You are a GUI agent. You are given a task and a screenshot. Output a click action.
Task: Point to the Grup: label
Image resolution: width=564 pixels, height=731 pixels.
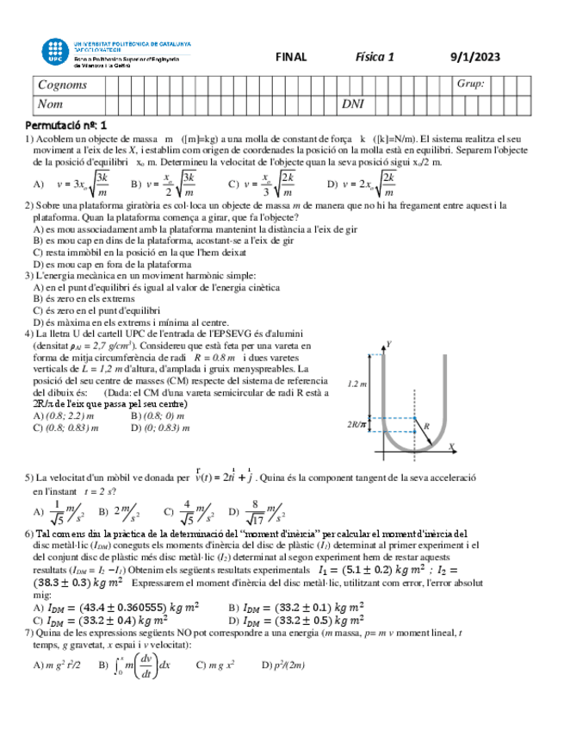[471, 84]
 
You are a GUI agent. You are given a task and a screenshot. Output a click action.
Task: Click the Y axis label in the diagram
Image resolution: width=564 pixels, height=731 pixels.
[390, 344]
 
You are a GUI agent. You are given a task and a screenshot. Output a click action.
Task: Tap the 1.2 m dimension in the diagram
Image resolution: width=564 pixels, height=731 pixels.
[358, 384]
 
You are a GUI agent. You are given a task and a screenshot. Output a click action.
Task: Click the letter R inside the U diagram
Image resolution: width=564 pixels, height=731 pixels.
[425, 426]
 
